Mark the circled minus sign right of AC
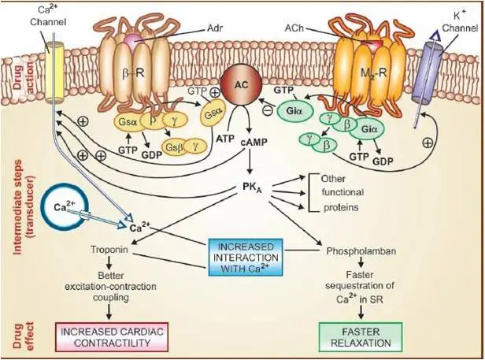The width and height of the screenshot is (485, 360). (267, 113)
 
